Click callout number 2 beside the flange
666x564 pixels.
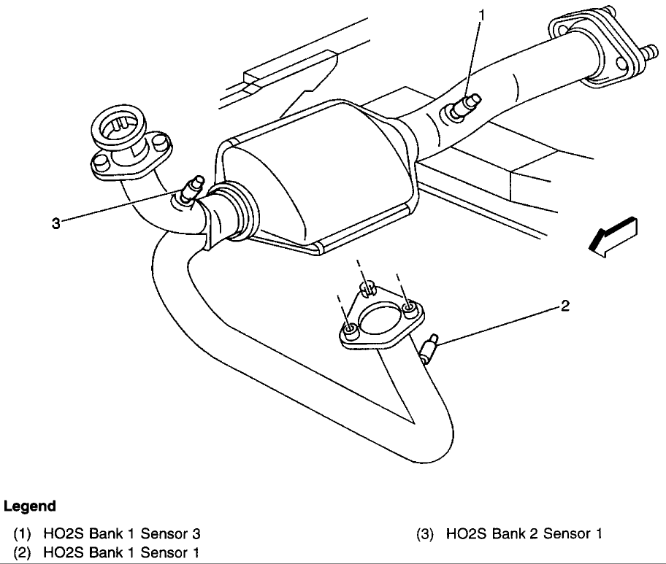(x=564, y=306)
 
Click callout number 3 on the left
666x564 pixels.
(x=55, y=223)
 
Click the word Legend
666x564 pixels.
(x=30, y=506)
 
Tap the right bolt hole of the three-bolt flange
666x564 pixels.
(x=410, y=310)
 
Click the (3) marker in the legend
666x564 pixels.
(x=424, y=533)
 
